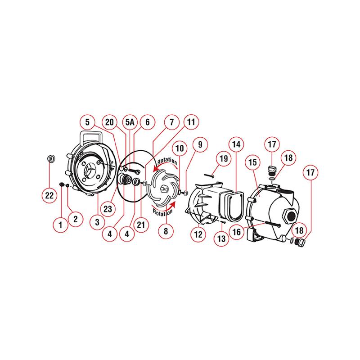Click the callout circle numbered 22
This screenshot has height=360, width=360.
[x=49, y=195]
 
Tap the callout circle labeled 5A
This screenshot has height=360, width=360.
[x=130, y=122]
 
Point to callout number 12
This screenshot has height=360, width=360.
[x=199, y=234]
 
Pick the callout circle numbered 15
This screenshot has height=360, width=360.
[x=252, y=161]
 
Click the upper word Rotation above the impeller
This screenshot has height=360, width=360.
[x=167, y=161]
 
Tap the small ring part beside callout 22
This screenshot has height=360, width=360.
[x=51, y=159]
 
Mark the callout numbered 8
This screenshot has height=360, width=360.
[x=166, y=232]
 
